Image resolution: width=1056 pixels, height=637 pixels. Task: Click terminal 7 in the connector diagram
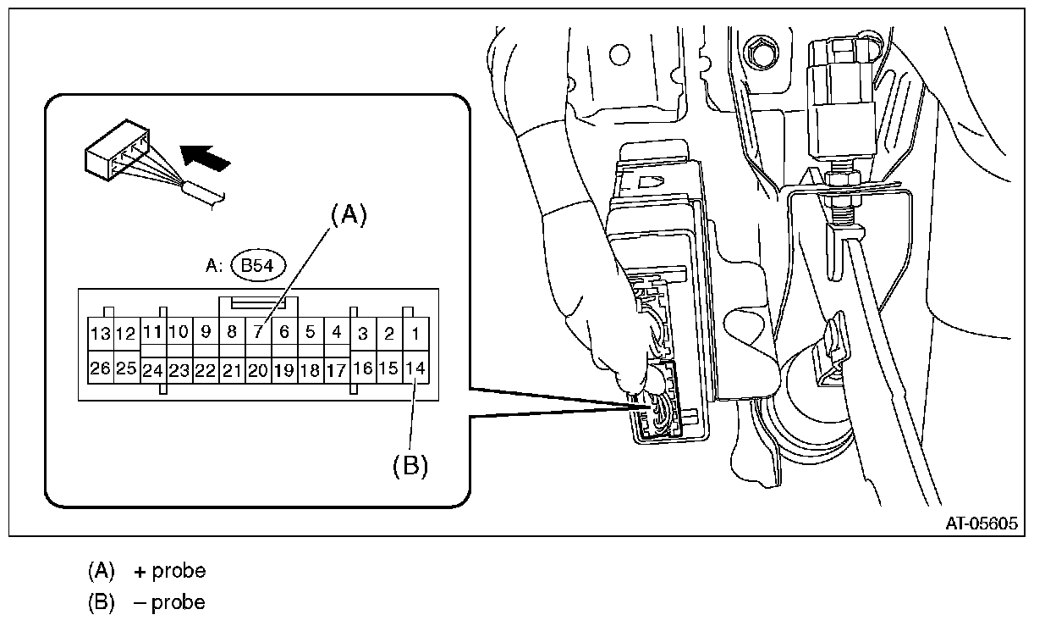tap(258, 333)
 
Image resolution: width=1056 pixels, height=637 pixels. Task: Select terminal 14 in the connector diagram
tap(415, 368)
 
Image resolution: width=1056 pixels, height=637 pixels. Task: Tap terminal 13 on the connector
tap(100, 334)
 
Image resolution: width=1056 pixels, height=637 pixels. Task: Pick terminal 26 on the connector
tap(100, 369)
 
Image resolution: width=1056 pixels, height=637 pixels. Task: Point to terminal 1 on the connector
tap(415, 334)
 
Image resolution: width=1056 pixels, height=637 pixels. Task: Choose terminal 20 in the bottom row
tap(258, 370)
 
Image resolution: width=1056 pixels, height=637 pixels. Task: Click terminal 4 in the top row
tap(337, 333)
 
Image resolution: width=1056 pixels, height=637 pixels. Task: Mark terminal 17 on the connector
tap(337, 370)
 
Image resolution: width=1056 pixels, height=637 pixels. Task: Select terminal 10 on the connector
tap(179, 332)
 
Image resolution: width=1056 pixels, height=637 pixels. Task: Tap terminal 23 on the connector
tap(179, 370)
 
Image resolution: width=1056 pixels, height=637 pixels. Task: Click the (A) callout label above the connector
tap(349, 216)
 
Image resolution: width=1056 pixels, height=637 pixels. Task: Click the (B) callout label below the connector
tap(410, 465)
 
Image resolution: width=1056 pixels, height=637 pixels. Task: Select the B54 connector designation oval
tap(260, 266)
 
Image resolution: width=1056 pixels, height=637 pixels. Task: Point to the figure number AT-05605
tap(982, 523)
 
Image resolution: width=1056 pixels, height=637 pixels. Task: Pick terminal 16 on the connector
tap(363, 368)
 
